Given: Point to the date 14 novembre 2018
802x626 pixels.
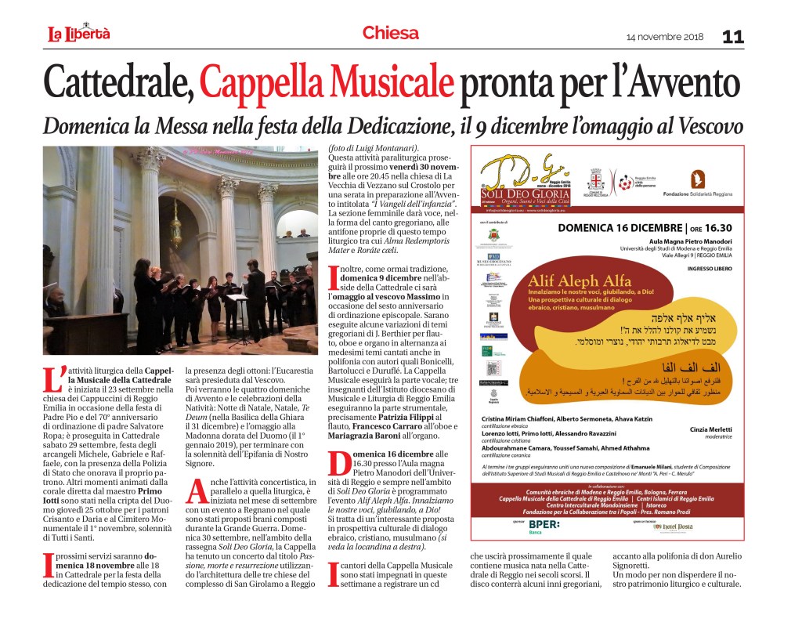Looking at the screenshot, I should pos(665,38).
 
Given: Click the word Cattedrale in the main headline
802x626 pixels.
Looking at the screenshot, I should pos(117,81).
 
